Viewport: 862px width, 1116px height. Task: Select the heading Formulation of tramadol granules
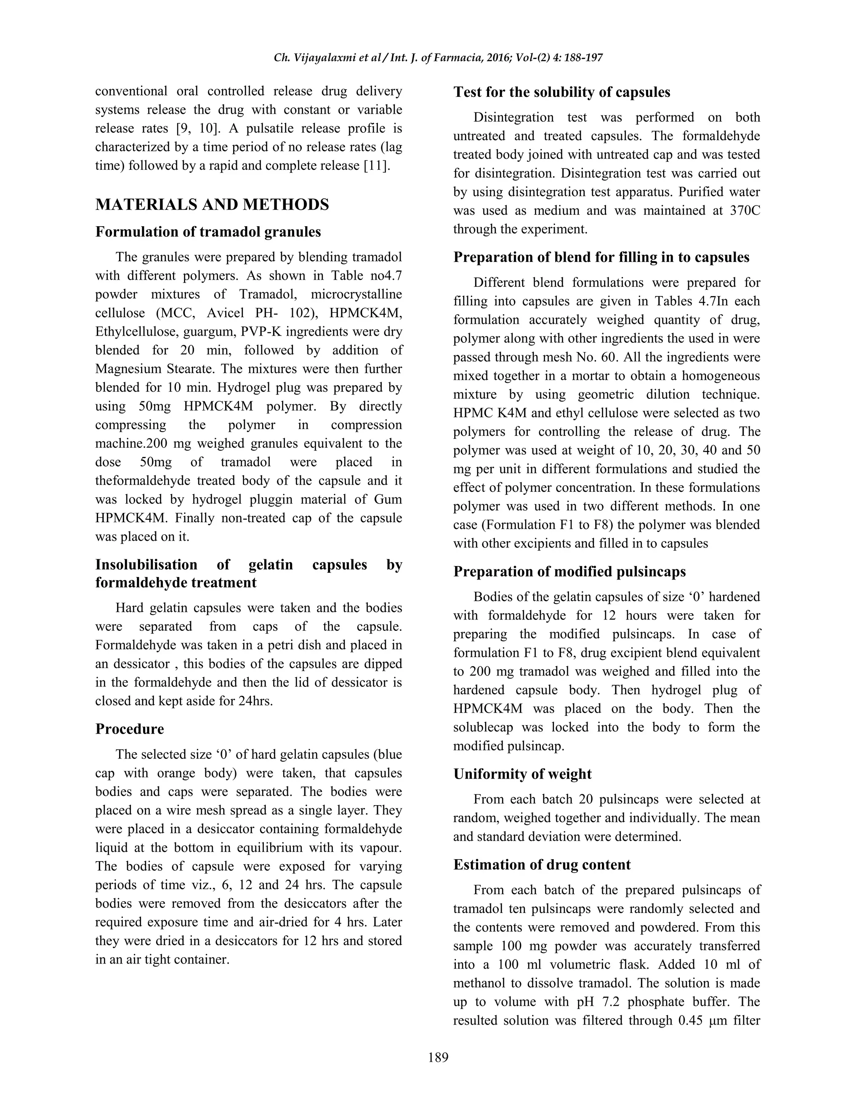coord(208,232)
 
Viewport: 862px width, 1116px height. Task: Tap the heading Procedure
coord(129,729)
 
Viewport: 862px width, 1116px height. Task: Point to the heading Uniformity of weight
coord(522,774)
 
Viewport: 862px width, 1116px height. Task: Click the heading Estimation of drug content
coord(541,864)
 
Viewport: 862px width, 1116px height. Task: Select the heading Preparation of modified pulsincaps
coord(569,571)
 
